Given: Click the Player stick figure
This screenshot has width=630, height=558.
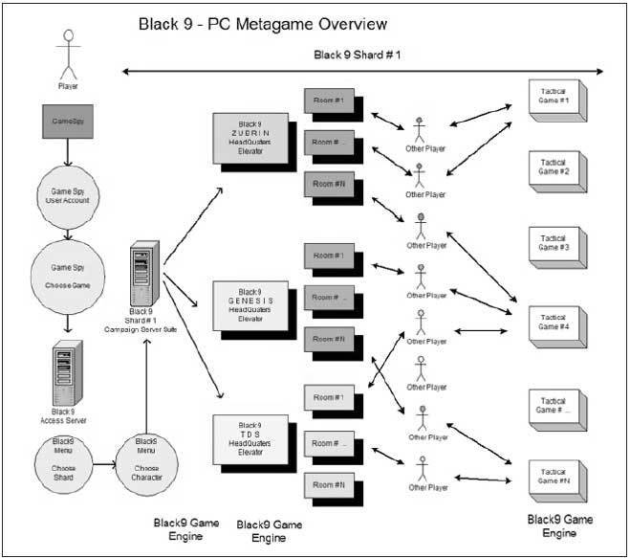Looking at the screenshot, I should [x=68, y=56].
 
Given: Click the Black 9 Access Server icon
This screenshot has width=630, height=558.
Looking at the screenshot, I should [x=67, y=369].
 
